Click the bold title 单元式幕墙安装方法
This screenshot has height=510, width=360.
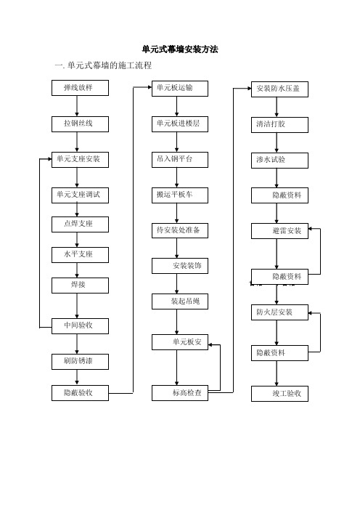[x=180, y=49]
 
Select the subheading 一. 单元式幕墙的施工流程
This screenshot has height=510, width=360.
[x=103, y=65]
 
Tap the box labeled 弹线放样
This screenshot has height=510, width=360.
[x=80, y=88]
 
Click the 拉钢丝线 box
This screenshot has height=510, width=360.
[x=80, y=124]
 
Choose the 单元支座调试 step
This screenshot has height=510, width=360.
[x=80, y=195]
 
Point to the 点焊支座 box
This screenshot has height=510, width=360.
[x=80, y=224]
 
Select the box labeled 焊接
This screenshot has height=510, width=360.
[x=80, y=286]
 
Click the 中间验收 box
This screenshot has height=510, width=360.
[x=80, y=326]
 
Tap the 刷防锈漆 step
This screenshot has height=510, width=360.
[x=80, y=362]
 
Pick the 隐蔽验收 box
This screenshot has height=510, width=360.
[x=80, y=393]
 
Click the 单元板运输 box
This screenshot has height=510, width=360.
[x=180, y=89]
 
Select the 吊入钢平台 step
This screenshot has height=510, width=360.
[x=180, y=160]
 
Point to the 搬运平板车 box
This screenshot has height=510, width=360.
[x=180, y=195]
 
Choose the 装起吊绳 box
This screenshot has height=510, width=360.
[x=180, y=301]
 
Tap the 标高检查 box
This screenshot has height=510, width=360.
[x=180, y=393]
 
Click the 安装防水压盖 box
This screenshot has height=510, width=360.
[x=279, y=89]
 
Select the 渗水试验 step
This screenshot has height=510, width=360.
[x=279, y=161]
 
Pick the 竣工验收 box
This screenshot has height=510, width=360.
[x=279, y=394]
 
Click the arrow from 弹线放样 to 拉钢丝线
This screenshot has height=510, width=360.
[x=77, y=106]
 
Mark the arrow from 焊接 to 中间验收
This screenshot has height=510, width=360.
[x=77, y=306]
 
